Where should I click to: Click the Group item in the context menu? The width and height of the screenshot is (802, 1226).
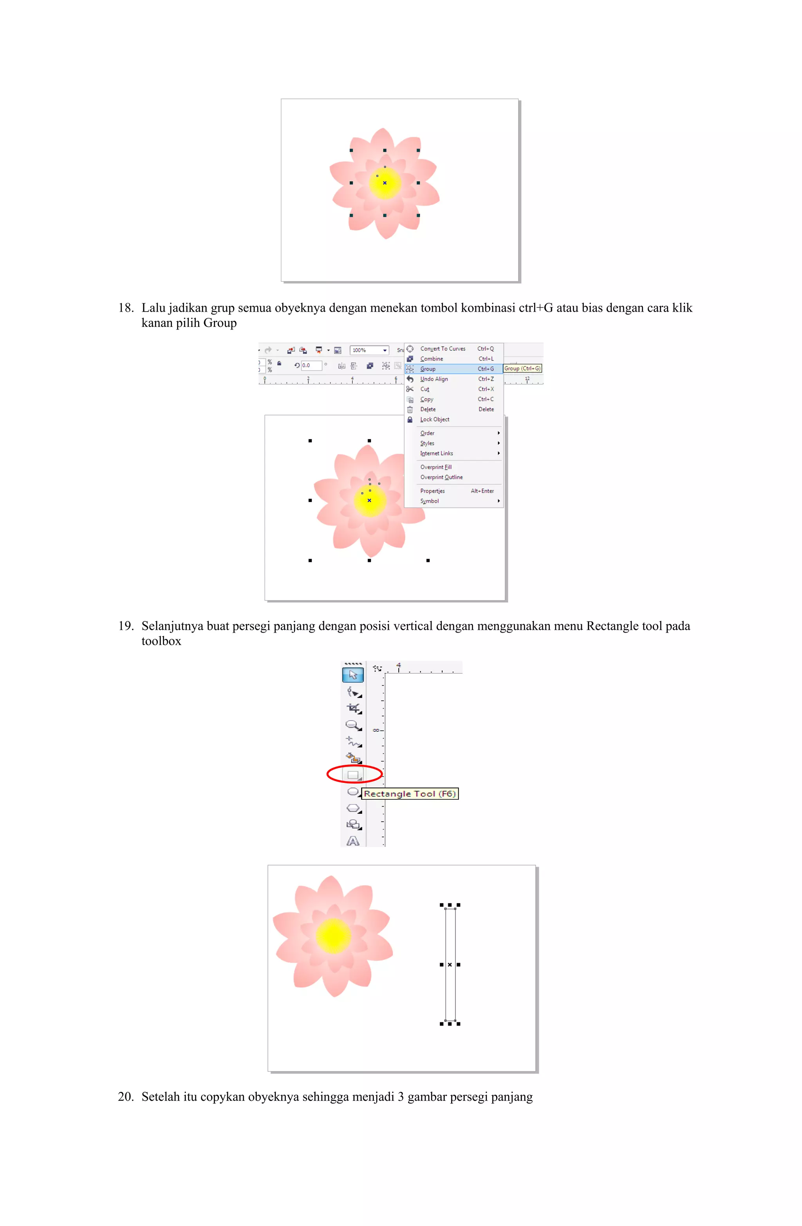427,369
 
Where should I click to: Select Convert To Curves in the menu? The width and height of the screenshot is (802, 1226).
442,349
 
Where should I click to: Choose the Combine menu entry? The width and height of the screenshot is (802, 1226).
432,359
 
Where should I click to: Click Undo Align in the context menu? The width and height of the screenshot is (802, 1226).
434,379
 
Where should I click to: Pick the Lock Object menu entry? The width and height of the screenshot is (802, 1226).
435,419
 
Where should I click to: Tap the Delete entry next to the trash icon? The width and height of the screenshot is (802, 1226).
428,409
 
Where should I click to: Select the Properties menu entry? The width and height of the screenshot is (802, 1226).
432,491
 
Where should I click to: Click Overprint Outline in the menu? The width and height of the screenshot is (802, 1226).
441,477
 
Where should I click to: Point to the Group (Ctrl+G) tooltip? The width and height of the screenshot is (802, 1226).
522,368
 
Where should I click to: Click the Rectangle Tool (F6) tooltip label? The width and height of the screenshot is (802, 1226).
409,794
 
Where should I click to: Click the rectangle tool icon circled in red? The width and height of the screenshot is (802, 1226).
353,775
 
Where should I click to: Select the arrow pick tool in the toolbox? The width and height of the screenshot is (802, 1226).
353,675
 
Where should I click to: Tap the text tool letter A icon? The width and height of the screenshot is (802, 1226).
353,841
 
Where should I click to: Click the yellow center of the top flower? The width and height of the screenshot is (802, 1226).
385,183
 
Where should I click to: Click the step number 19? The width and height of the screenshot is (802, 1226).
125,626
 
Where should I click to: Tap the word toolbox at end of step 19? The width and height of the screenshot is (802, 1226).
161,641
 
